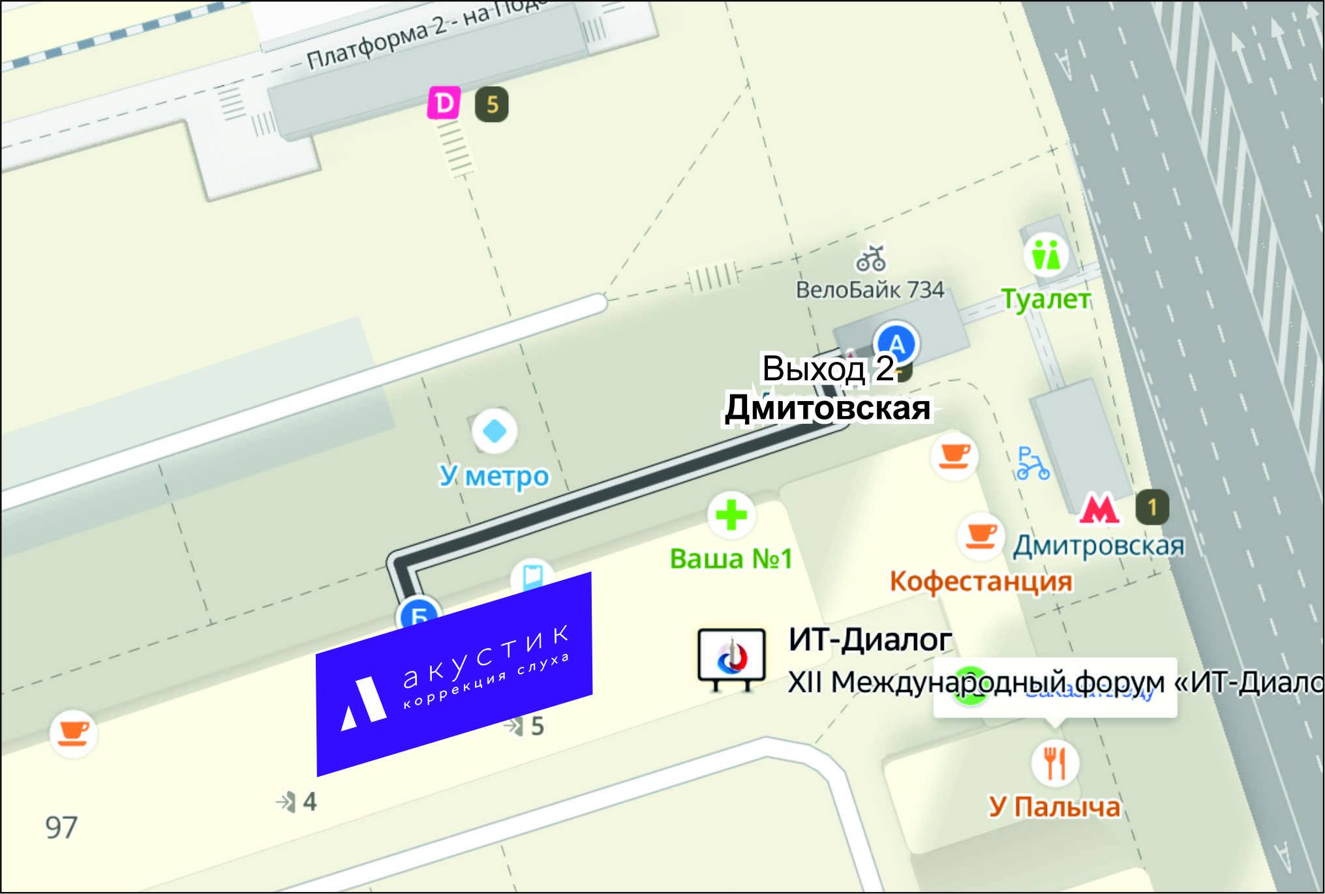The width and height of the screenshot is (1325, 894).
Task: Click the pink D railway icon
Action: tap(444, 103)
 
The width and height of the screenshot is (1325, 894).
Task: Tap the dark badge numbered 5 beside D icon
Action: tap(492, 104)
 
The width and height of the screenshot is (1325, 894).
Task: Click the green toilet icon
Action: tap(1046, 254)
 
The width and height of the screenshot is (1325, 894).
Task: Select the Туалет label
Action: tap(1046, 299)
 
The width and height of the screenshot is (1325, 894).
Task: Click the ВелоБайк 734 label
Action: tap(870, 290)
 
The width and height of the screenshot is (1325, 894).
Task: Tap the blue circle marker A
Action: tap(897, 344)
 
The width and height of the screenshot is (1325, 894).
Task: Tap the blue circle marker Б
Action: tap(418, 614)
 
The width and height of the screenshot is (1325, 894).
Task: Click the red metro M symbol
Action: tap(1099, 509)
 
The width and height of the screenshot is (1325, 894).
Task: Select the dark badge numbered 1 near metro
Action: tap(1152, 507)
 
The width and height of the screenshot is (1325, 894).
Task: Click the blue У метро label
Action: tap(494, 477)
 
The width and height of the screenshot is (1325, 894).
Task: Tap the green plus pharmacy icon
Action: tap(731, 514)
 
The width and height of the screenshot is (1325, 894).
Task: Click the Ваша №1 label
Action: tap(731, 559)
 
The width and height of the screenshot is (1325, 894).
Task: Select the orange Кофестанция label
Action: tap(981, 581)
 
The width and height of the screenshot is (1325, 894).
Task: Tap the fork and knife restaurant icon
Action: tap(1054, 762)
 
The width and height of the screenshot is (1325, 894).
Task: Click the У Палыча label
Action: tap(1054, 807)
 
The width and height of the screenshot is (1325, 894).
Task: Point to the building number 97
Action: tap(61, 827)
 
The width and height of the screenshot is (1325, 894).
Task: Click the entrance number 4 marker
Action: tap(297, 801)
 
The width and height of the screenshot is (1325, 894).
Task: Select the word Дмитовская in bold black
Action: tap(827, 408)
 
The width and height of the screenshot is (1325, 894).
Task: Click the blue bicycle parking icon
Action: tap(1032, 464)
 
